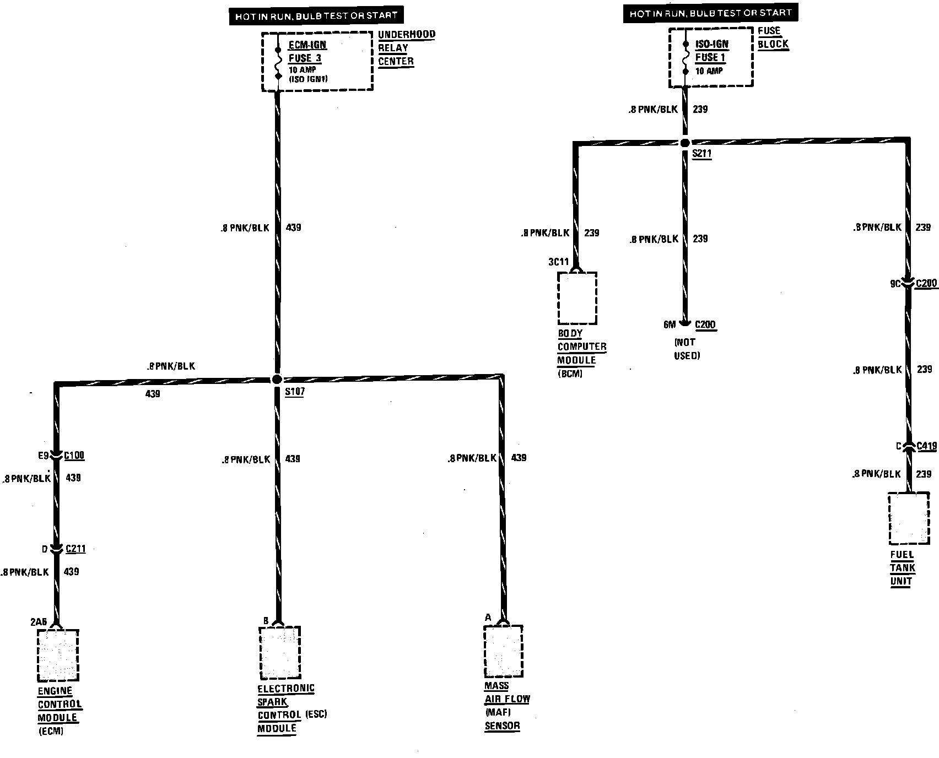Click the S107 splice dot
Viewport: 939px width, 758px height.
(277, 380)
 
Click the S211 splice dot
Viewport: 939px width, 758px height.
(685, 143)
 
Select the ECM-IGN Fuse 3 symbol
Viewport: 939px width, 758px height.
(278, 62)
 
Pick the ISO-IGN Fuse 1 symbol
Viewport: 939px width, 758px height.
(686, 57)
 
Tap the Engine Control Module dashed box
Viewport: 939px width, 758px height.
(58, 656)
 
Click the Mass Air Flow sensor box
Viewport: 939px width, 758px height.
(503, 651)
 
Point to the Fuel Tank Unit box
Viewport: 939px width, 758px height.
(909, 526)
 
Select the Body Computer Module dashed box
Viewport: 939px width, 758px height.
(577, 298)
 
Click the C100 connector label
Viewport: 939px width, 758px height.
(74, 456)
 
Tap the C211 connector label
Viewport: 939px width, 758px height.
(75, 549)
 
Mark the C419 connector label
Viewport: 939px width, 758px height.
(926, 446)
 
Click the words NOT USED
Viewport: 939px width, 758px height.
(687, 349)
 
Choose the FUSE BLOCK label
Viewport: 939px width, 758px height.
(773, 37)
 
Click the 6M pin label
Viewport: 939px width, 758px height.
(670, 324)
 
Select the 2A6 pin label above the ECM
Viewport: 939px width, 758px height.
(39, 622)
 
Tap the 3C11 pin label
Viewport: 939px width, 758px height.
(558, 262)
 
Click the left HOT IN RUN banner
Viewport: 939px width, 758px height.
(316, 16)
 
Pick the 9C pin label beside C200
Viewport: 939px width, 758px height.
(895, 284)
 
